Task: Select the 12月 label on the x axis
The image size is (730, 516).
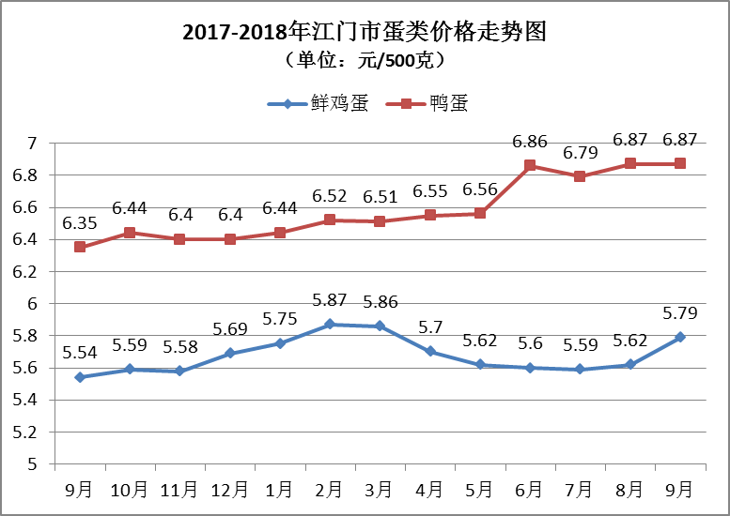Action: point(229,489)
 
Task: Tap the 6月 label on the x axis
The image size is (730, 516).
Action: point(530,489)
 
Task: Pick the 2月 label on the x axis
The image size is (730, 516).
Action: point(330,489)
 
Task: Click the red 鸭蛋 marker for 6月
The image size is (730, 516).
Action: point(530,165)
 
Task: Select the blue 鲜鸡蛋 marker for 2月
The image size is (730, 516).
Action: point(330,324)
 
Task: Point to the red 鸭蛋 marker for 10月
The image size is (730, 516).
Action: point(130,233)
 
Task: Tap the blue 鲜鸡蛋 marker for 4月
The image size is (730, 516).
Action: point(430,352)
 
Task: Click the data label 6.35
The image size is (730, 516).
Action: point(80,223)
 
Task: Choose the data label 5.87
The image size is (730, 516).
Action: point(330,301)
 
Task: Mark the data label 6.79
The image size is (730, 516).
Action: point(580,152)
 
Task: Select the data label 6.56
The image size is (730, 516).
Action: point(480,190)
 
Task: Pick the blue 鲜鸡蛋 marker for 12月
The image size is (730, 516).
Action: point(229,353)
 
